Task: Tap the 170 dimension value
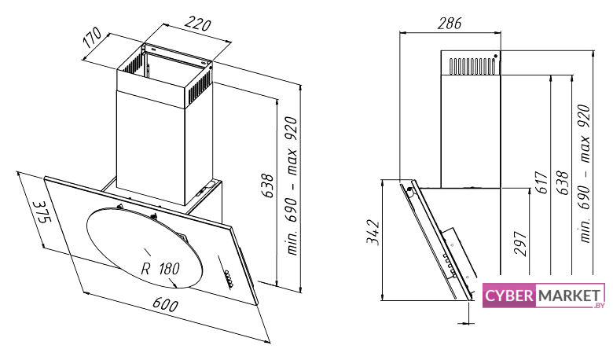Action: (x=93, y=38)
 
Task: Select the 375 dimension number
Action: (x=42, y=212)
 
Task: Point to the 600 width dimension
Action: (x=165, y=304)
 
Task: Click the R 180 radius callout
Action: (x=160, y=269)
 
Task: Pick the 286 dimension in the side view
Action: (x=450, y=24)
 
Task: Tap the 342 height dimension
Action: (x=373, y=233)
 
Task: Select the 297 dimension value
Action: (x=521, y=244)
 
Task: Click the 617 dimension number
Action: (x=541, y=182)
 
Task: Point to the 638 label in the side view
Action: (x=562, y=182)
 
